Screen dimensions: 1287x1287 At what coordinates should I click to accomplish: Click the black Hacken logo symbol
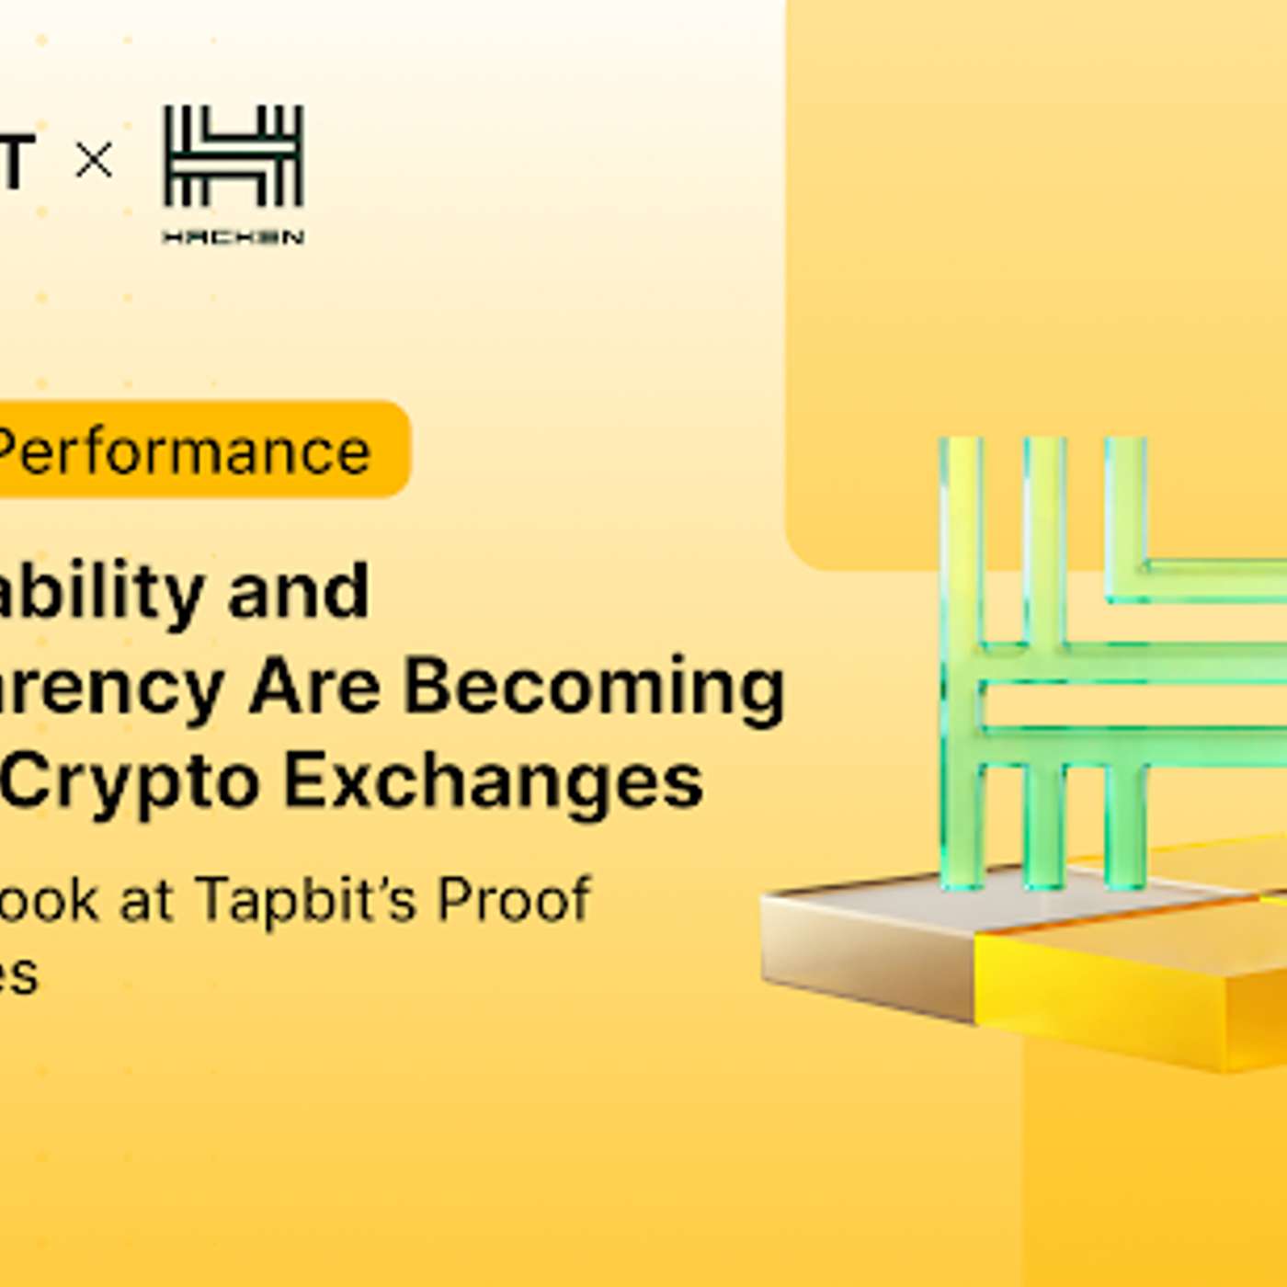233,156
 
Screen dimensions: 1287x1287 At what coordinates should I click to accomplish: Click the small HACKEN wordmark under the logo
233,237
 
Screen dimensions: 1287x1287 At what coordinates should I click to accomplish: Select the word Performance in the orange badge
184,451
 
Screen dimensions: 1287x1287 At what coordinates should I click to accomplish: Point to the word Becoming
594,688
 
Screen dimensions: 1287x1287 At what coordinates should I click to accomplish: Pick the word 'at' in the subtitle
146,900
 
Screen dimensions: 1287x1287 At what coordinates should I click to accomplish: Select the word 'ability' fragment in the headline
101,593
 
